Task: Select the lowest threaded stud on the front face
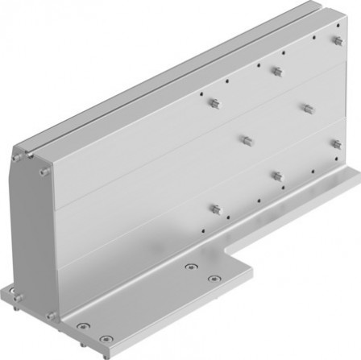coord(214,209)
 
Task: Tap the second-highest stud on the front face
coord(276,71)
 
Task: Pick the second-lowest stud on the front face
coord(277,175)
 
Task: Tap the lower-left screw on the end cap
coord(15,288)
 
